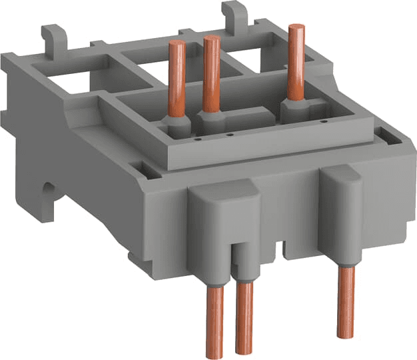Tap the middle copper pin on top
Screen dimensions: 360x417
212,73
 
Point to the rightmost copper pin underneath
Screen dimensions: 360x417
344,300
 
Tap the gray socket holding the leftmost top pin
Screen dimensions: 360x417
176,126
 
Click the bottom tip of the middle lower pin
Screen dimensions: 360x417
244,350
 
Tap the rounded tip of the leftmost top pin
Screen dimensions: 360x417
177,44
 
